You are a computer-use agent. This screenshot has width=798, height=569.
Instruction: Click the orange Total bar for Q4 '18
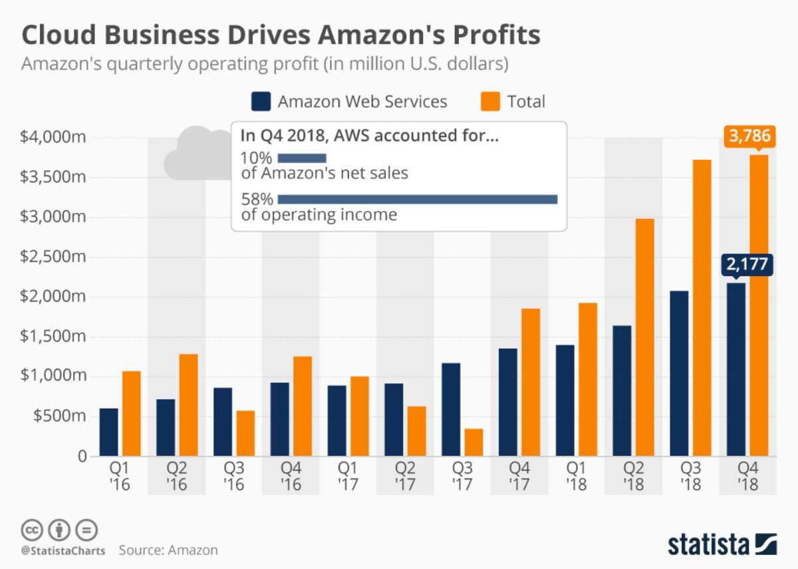pos(759,305)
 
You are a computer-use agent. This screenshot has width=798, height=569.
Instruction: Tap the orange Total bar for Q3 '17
pos(473,442)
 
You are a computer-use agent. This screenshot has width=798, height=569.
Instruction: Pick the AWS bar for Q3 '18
pos(680,373)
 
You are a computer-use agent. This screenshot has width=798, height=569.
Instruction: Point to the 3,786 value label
pos(749,136)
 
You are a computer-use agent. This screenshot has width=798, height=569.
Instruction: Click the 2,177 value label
pos(746,265)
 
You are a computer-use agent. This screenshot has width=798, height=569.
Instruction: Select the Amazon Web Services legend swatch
pos(261,102)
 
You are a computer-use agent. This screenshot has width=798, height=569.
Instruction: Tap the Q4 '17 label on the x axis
pos(519,476)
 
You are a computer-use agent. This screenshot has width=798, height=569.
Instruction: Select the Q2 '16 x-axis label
pos(177,476)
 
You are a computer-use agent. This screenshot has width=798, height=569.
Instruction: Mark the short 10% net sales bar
pos(302,158)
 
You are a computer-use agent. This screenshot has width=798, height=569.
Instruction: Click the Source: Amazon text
pos(168,550)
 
